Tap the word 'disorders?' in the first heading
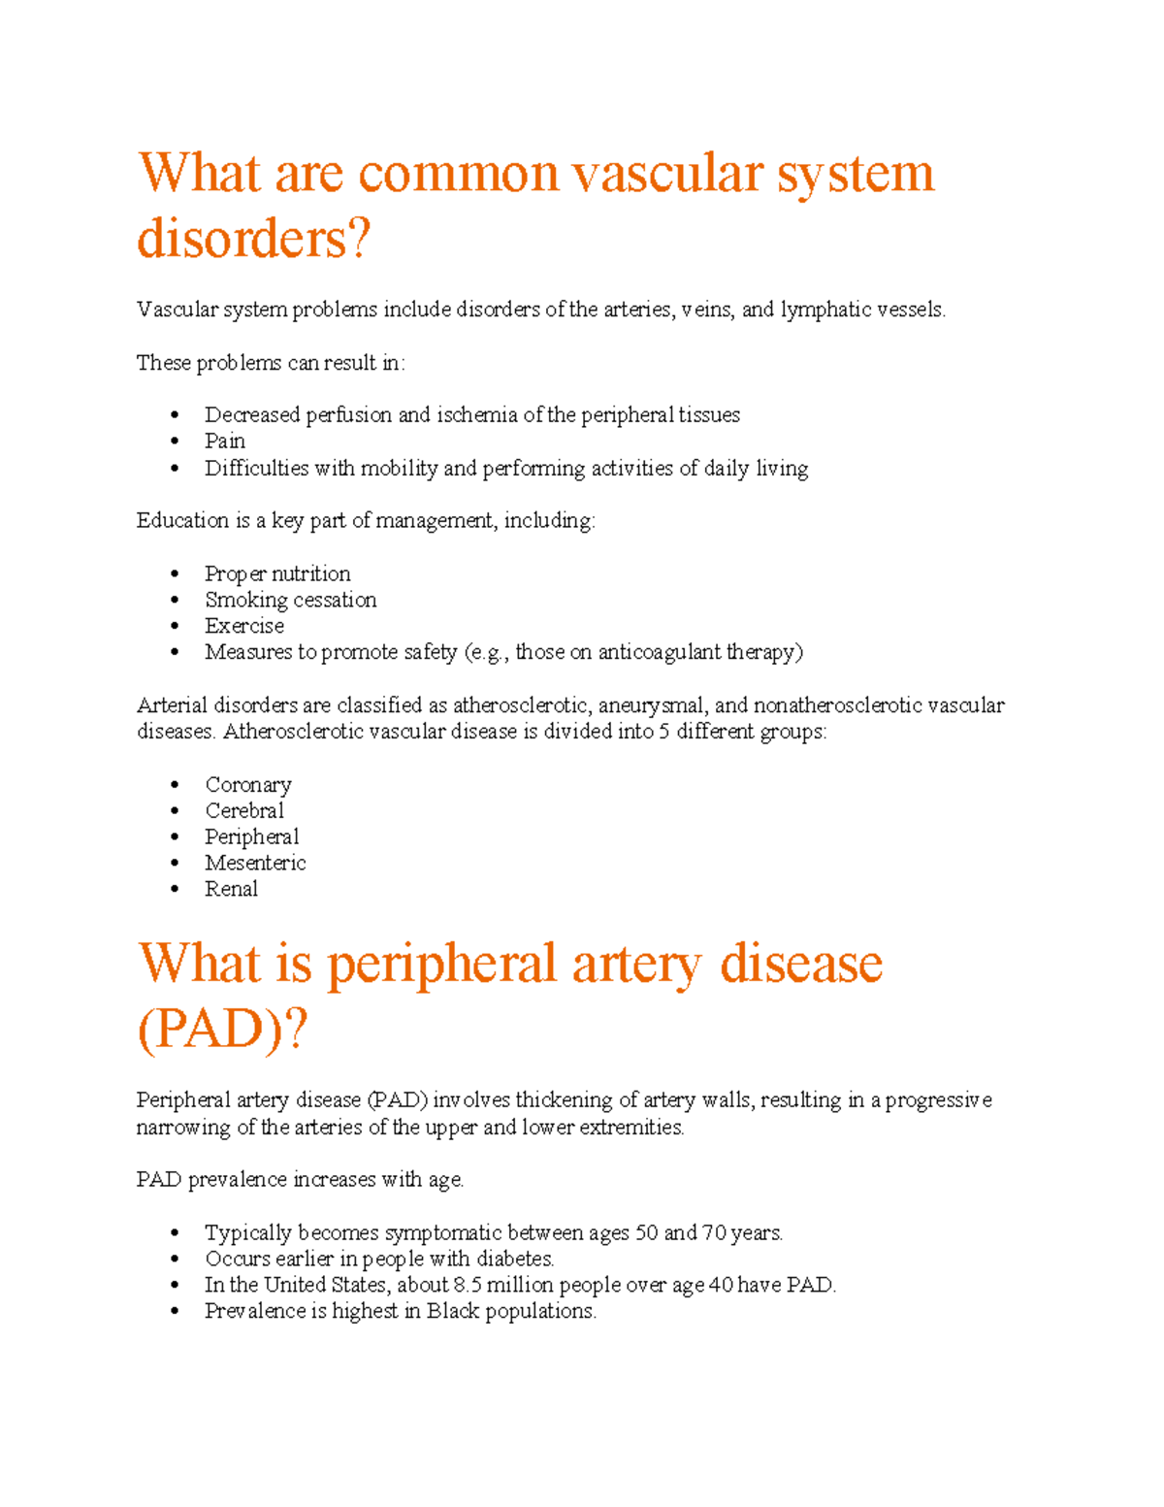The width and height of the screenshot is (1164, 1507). (253, 239)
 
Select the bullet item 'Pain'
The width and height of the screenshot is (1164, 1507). (224, 442)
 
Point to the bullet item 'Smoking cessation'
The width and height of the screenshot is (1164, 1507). (290, 601)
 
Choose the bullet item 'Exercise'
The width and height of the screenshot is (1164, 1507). (243, 626)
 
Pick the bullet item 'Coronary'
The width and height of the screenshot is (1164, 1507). (247, 785)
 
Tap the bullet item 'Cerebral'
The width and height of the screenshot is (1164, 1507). (243, 811)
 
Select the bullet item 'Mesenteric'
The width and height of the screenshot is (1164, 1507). (254, 864)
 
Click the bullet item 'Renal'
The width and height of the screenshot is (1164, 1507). (231, 889)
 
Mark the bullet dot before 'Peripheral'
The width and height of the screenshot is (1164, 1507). (175, 837)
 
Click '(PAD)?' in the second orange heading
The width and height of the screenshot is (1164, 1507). (222, 1030)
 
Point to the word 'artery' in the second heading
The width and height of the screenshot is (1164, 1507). (636, 965)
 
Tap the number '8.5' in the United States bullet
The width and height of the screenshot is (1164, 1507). (468, 1286)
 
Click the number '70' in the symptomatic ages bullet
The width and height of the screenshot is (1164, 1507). (714, 1233)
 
